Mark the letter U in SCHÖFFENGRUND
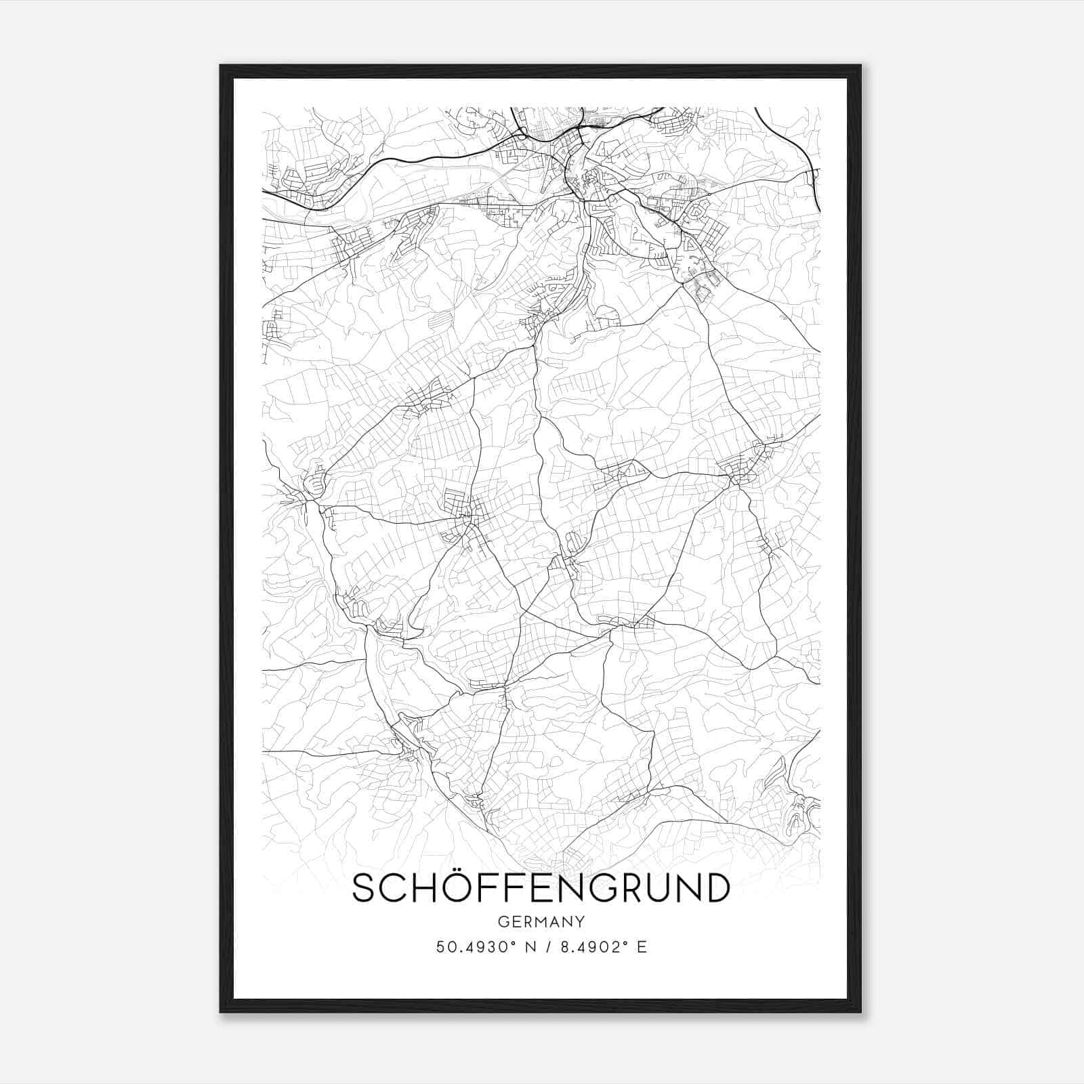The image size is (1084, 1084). click(x=656, y=888)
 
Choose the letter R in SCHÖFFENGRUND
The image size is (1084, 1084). click(x=627, y=888)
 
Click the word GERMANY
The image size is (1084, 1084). click(x=541, y=921)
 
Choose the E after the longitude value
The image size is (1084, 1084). click(x=642, y=946)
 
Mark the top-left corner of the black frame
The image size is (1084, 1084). click(x=221, y=66)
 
